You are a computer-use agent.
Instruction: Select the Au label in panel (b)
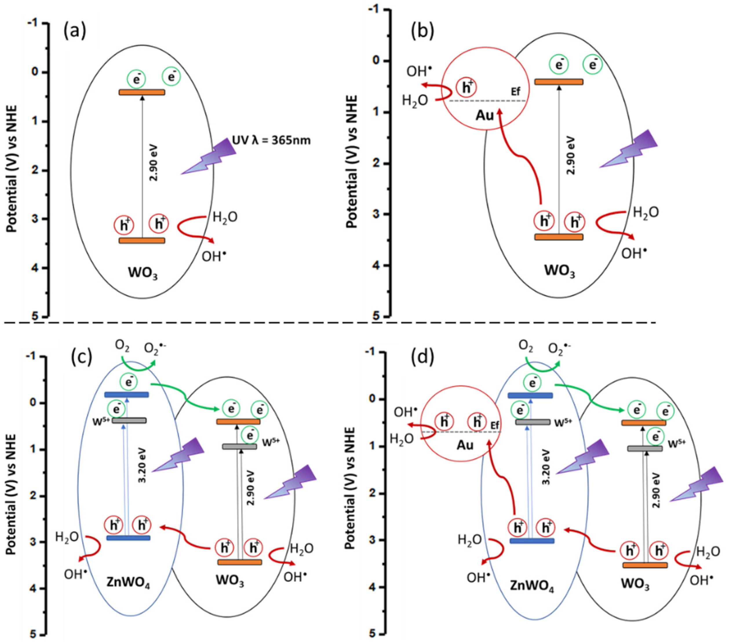pyautogui.click(x=484, y=115)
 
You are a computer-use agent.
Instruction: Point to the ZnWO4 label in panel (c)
pyautogui.click(x=128, y=583)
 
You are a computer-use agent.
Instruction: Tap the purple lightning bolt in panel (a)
pyautogui.click(x=209, y=156)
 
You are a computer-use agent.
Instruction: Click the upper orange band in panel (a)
pyautogui.click(x=142, y=92)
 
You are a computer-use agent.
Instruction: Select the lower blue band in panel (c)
pyautogui.click(x=128, y=538)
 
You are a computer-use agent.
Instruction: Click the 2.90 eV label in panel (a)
pyautogui.click(x=154, y=162)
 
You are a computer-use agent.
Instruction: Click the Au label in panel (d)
pyautogui.click(x=465, y=445)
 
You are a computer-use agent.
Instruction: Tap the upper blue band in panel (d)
pyautogui.click(x=530, y=395)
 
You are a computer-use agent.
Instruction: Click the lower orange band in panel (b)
pyautogui.click(x=559, y=237)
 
